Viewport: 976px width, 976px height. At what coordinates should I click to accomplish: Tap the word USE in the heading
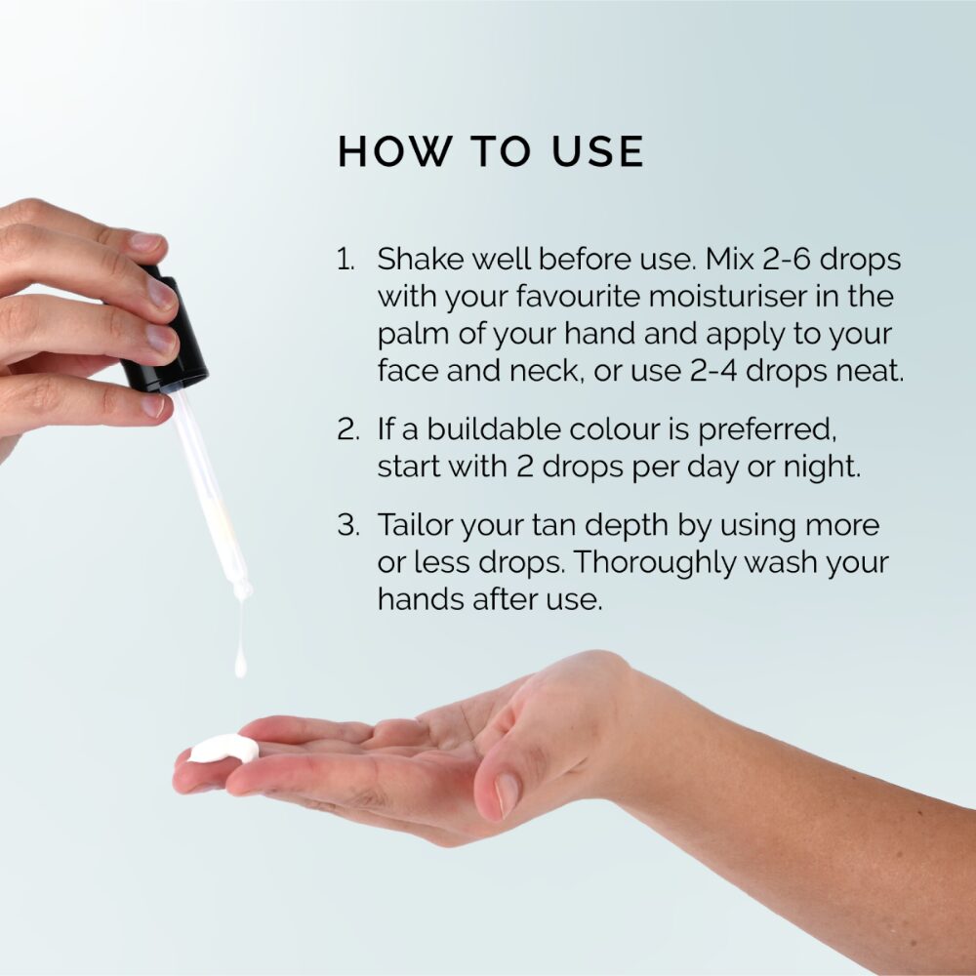[598, 151]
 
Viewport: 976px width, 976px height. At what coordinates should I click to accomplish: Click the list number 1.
[346, 259]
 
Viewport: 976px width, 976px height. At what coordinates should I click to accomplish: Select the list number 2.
[348, 429]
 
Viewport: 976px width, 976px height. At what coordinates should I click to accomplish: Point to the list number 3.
[348, 525]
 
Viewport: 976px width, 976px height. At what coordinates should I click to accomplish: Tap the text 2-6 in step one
[786, 259]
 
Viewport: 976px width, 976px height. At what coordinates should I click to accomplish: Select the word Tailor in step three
[415, 525]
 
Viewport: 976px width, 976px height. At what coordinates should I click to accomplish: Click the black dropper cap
[163, 333]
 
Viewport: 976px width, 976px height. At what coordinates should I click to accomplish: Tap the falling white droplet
[240, 664]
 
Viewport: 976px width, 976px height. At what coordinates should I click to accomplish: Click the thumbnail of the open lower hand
[507, 794]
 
